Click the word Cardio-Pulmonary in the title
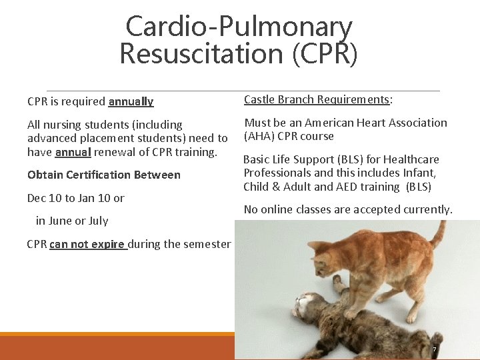click(239, 27)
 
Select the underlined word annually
click(131, 102)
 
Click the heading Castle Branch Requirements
click(317, 100)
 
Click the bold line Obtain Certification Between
click(103, 175)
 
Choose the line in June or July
click(72, 221)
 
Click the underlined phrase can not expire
click(87, 244)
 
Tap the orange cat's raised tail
click(436, 233)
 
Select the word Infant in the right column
click(419, 173)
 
